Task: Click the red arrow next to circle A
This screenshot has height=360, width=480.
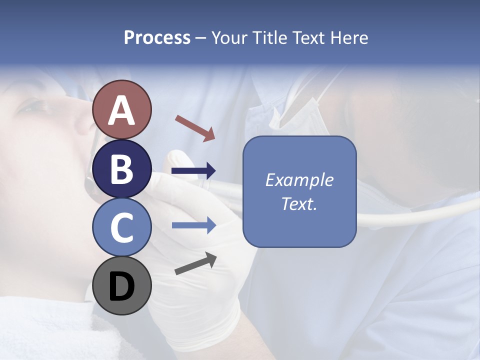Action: click(x=195, y=128)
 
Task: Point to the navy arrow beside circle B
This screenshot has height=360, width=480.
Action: click(x=193, y=171)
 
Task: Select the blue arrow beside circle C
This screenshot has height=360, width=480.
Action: click(x=193, y=225)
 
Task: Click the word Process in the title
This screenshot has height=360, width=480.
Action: click(x=157, y=38)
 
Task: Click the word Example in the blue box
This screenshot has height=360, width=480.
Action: click(x=299, y=180)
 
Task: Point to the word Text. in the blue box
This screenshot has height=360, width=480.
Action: click(x=299, y=203)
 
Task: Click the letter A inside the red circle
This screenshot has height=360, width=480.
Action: click(x=121, y=111)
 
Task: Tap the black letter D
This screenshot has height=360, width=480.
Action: click(x=121, y=286)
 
